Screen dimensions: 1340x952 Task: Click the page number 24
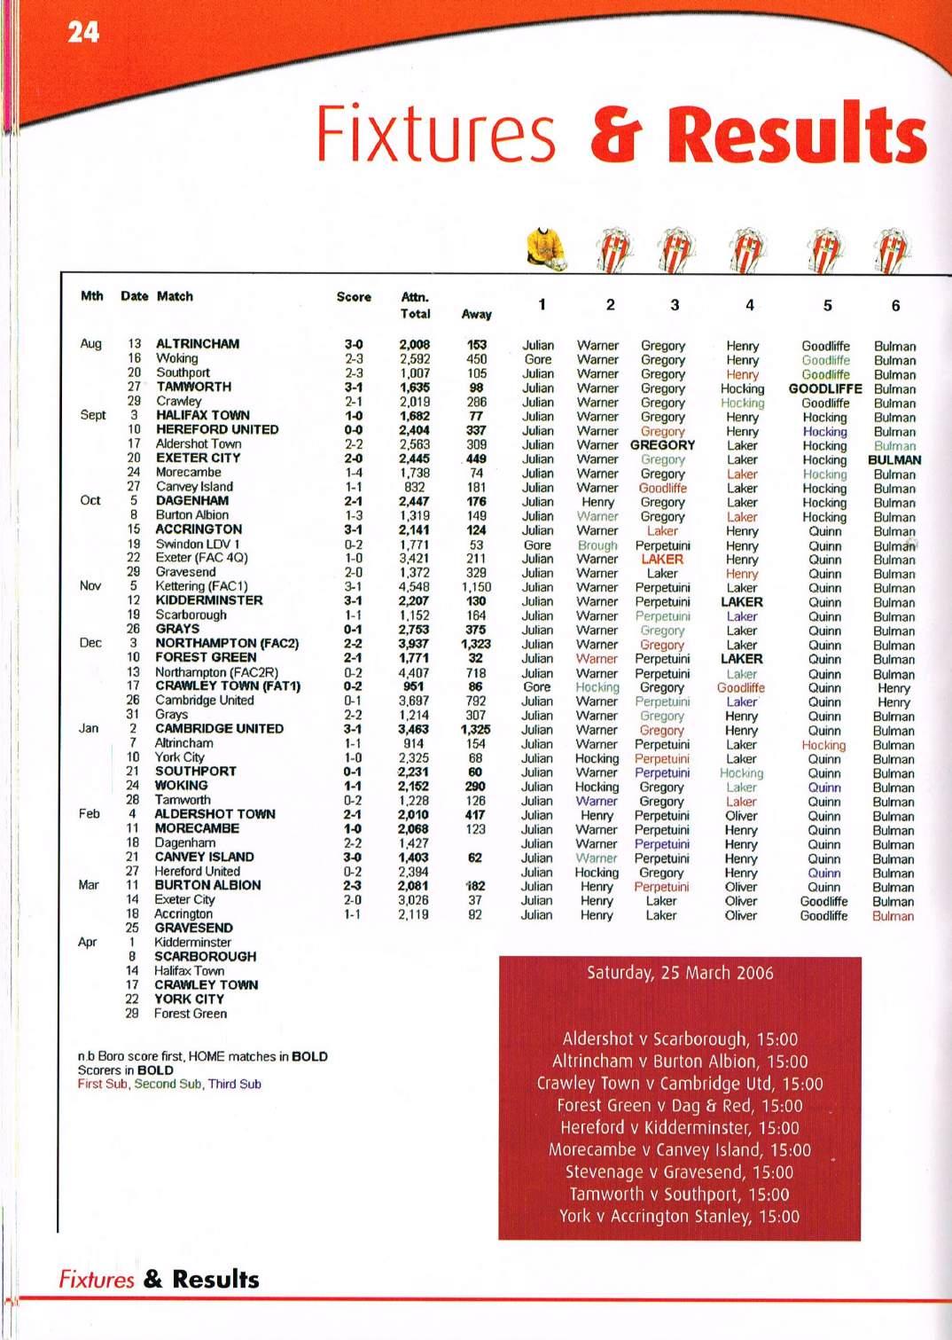[x=83, y=33]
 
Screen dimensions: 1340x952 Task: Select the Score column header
[x=354, y=297]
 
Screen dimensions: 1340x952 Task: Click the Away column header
[x=476, y=314]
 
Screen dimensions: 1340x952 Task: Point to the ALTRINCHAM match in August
[x=198, y=344]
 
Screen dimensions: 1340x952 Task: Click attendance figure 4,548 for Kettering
[x=414, y=586]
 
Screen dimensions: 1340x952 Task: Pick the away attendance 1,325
[x=476, y=729]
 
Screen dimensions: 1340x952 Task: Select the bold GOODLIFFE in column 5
[x=825, y=388]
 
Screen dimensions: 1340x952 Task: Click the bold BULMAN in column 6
[x=894, y=460]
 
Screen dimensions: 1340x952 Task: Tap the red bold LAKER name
[x=662, y=560]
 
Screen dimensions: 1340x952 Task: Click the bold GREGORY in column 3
[x=662, y=445]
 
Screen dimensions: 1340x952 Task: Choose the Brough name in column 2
[x=597, y=545]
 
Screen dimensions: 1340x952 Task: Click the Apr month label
[x=87, y=943]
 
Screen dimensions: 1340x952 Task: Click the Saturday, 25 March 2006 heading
[x=680, y=973]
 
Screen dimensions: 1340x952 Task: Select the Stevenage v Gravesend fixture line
[x=678, y=1172]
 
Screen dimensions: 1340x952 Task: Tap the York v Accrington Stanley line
[x=679, y=1217]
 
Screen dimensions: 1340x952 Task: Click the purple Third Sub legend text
[x=235, y=1084]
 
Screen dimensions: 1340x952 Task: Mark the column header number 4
[x=749, y=305]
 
